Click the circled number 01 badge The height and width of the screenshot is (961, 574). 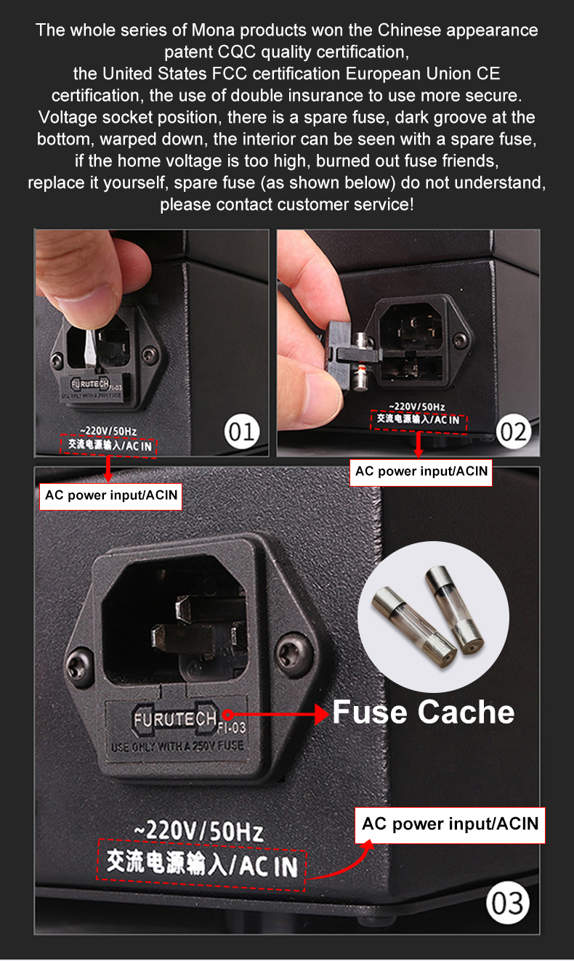click(x=242, y=431)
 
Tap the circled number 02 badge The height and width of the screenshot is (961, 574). click(x=514, y=431)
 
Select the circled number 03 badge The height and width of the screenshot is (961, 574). click(x=507, y=903)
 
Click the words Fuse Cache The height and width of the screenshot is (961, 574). click(x=424, y=712)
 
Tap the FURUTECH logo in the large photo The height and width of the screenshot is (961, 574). click(x=175, y=719)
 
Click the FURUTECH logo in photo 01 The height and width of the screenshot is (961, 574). click(x=90, y=384)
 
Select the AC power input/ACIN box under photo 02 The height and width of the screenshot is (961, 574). click(x=421, y=472)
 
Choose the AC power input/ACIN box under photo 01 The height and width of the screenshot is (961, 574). click(x=110, y=496)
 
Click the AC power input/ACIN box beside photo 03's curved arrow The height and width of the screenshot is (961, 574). click(x=450, y=825)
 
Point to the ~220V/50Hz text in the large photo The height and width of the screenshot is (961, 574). click(x=198, y=830)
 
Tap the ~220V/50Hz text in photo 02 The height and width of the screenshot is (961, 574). click(x=417, y=406)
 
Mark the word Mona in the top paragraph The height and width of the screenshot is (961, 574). click(x=213, y=31)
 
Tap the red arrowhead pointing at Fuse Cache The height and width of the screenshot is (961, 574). click(x=322, y=714)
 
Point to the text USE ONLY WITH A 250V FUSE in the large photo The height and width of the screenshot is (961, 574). click(x=177, y=747)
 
